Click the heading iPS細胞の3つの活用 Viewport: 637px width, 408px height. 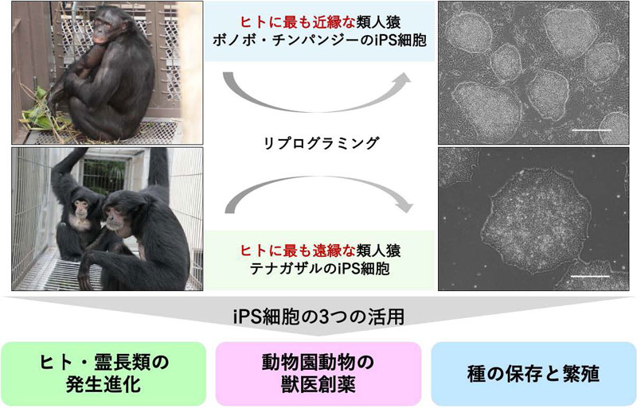(x=318, y=317)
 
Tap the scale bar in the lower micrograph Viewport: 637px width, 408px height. (x=591, y=276)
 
